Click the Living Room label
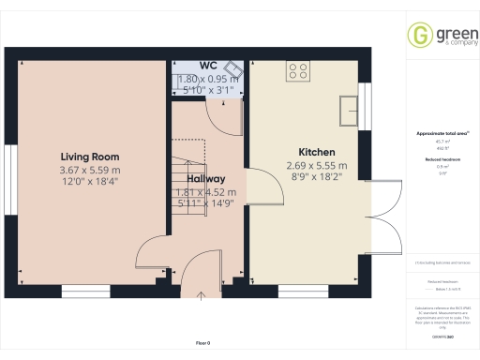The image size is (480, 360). click(x=90, y=156)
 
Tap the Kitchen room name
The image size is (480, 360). click(x=316, y=152)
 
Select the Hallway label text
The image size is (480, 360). click(x=205, y=178)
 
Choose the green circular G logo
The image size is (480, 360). click(x=418, y=36)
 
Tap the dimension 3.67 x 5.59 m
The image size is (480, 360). click(x=90, y=170)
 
